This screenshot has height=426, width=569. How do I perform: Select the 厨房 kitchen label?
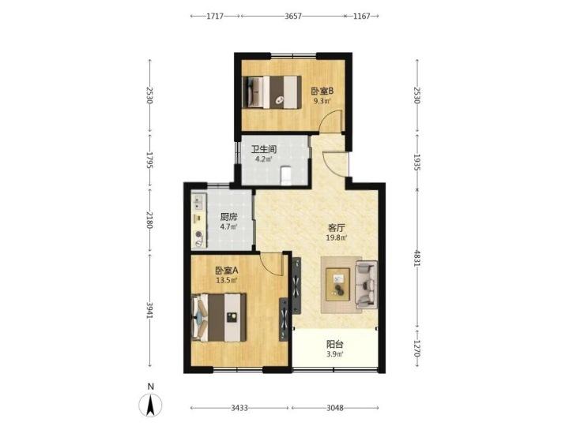tap(228, 217)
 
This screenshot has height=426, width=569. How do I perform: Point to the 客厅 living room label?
tap(337, 228)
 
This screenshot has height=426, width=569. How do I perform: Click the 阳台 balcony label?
tap(334, 345)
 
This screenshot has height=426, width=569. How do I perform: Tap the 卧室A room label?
tap(227, 271)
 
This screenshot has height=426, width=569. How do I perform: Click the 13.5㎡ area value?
tap(227, 280)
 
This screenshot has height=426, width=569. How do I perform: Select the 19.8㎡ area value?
tap(337, 238)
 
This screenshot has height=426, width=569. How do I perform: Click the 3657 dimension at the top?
tap(293, 16)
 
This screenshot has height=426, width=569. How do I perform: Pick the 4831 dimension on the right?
tap(417, 258)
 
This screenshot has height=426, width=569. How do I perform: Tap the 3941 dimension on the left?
tap(149, 311)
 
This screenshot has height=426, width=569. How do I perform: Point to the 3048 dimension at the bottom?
tap(334, 408)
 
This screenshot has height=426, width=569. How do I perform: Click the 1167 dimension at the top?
tap(361, 16)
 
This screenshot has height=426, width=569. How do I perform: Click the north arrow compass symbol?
tap(151, 404)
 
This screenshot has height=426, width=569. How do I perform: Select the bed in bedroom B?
tap(272, 92)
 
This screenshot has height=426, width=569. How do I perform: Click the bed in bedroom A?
tap(219, 317)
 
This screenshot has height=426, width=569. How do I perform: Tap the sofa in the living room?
tap(366, 284)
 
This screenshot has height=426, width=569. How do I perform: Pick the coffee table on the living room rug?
tap(338, 284)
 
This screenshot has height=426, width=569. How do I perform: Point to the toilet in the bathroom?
tap(286, 175)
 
